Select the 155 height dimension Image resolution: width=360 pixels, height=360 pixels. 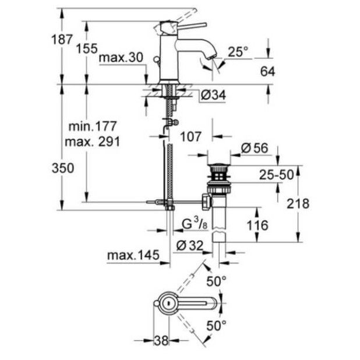(x=87, y=49)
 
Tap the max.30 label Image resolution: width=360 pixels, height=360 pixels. (x=121, y=58)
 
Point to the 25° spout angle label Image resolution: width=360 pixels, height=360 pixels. (x=237, y=52)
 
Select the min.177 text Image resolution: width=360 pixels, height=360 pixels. (x=93, y=126)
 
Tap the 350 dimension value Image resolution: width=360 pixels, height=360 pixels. (x=62, y=168)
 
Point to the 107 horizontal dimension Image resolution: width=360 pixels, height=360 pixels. (x=190, y=137)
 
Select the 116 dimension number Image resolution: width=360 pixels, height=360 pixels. (x=257, y=225)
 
